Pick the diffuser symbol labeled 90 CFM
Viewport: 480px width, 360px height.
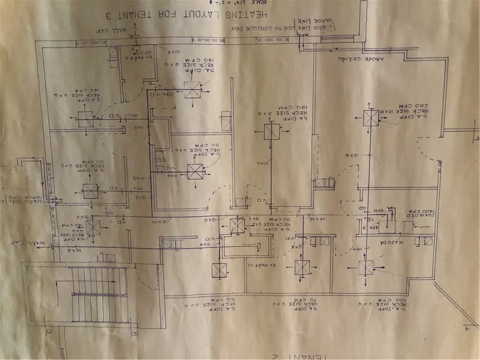(x=194, y=171)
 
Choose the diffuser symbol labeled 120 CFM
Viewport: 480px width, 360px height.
(x=90, y=191)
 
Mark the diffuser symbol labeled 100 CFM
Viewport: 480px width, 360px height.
(x=366, y=268)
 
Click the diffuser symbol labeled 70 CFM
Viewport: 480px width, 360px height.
(x=302, y=268)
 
